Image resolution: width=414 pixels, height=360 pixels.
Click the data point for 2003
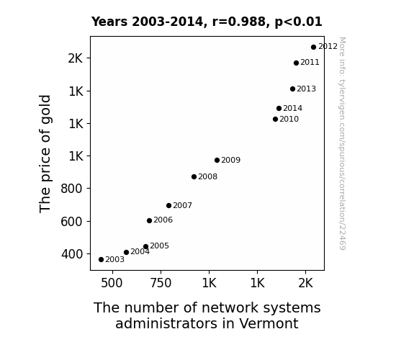point(101,260)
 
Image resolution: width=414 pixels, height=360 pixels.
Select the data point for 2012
point(313,48)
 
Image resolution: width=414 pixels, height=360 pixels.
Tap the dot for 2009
point(217,160)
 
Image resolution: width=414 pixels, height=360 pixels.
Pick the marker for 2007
point(168,205)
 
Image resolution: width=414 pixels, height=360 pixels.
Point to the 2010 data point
point(275,119)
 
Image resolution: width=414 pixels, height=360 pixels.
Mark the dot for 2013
point(292,89)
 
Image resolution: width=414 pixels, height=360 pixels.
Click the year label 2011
point(310,63)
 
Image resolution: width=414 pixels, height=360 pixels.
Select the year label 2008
point(208,176)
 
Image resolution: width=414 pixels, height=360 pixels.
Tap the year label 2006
point(163,220)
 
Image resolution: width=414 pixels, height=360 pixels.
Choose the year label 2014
point(293,108)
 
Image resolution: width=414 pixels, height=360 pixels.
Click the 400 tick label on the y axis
point(72,254)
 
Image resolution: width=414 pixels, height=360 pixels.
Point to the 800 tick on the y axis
point(72,189)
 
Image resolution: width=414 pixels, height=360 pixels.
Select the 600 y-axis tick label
point(72,222)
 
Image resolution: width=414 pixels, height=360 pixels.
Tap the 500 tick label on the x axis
point(112,283)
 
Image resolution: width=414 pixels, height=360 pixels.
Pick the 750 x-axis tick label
point(161,283)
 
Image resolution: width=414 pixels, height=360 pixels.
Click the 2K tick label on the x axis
point(305,283)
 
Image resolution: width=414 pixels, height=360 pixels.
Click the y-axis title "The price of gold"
point(45,153)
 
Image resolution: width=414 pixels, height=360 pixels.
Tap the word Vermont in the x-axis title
point(269,323)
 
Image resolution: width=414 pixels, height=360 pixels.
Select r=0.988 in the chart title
point(239,22)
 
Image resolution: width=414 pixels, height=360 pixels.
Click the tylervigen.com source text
point(342,143)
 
